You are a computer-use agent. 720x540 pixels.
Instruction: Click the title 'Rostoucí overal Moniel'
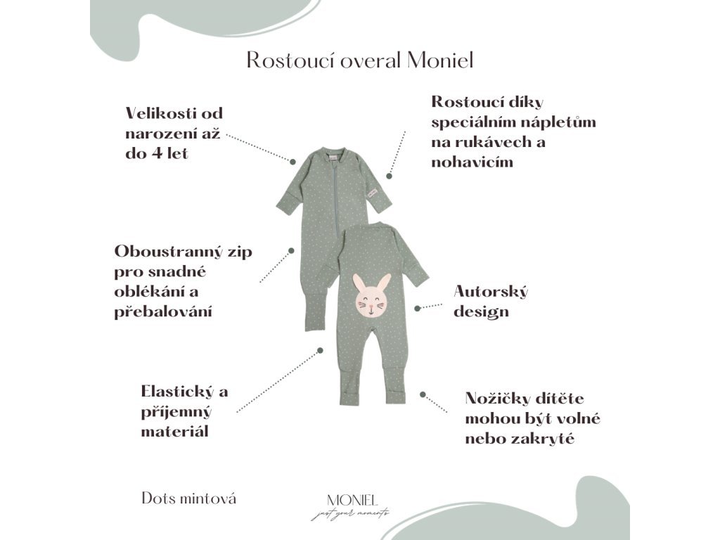(x=359, y=60)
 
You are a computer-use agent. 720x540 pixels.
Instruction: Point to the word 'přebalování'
(x=163, y=311)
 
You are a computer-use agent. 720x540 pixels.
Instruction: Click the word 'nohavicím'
(x=472, y=162)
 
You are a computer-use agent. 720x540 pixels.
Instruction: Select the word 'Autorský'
(x=491, y=291)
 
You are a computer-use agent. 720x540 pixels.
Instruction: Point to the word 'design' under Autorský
(x=481, y=311)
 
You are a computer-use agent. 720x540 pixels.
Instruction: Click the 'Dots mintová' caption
(x=189, y=499)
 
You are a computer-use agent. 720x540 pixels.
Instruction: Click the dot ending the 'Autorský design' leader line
(x=417, y=308)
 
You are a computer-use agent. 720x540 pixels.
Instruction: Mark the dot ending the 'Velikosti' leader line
(x=292, y=161)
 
